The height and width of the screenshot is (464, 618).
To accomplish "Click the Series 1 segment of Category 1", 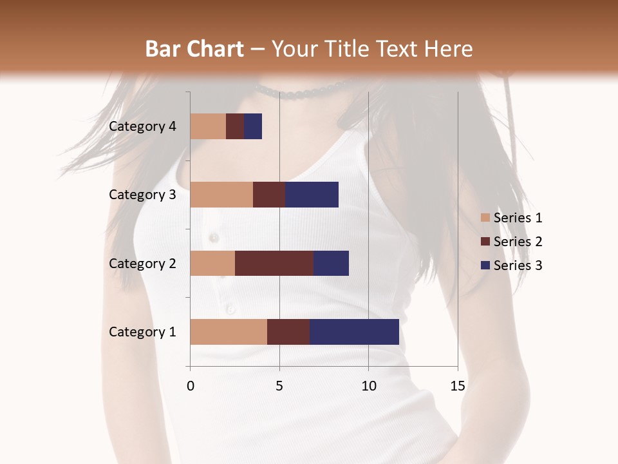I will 229,331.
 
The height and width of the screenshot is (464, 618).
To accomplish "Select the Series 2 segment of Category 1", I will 288,331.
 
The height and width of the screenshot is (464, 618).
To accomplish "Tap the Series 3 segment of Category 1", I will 354,331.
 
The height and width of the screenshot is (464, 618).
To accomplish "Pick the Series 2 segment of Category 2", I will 274,263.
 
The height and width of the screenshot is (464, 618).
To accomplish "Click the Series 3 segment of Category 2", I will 331,263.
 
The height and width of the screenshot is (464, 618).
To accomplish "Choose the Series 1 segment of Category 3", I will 221,194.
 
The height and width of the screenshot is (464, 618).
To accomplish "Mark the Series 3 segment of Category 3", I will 312,194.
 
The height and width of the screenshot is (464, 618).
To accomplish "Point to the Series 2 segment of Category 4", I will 235,126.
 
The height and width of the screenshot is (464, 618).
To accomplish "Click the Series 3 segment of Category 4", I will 253,126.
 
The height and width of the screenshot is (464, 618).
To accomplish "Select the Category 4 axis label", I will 142,126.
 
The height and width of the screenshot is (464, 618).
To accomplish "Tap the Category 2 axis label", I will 142,263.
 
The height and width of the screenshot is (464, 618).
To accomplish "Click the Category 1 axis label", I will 142,332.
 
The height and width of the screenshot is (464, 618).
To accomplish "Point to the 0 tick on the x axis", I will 190,386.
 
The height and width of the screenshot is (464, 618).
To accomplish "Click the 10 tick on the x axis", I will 368,386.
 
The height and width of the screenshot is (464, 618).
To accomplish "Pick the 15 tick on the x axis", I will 457,386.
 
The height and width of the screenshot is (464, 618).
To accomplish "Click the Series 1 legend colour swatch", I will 485,218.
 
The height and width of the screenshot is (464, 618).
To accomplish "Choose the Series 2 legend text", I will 518,242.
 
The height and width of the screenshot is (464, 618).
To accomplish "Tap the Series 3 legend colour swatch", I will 485,266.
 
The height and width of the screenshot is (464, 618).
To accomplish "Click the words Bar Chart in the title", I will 194,49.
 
